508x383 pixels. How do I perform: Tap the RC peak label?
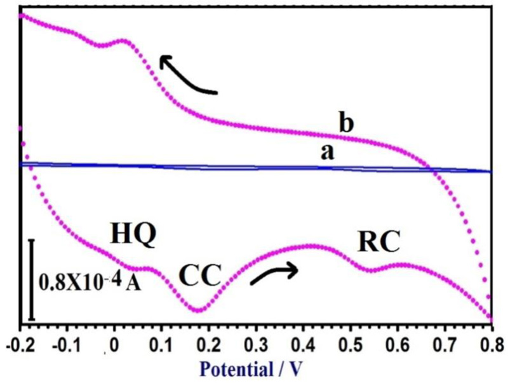[x=379, y=241]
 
